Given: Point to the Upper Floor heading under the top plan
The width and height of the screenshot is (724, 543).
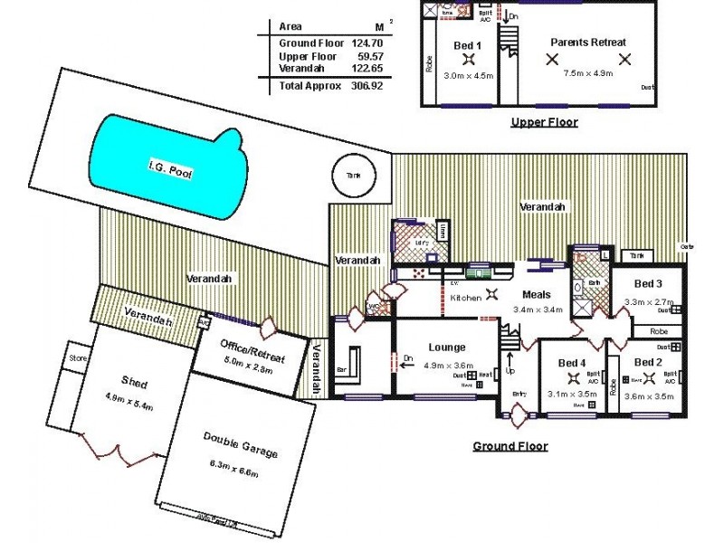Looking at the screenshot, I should (544, 122).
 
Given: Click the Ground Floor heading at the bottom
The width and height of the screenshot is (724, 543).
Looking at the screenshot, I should (510, 446).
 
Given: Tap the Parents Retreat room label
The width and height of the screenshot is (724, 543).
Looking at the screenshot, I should (588, 43).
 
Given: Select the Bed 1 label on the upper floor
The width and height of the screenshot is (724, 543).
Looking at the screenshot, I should (467, 45).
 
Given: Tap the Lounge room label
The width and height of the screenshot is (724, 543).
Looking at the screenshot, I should (447, 347).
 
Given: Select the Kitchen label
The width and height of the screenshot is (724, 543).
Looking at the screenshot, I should (466, 297).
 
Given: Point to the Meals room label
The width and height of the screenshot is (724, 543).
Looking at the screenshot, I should (538, 294).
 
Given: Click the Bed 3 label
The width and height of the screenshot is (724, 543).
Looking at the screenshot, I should (648, 283).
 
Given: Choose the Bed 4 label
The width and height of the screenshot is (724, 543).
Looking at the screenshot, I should (572, 363).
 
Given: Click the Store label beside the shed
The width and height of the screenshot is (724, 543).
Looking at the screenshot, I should (77, 358).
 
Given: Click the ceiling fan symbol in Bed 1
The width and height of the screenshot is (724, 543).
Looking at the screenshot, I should (468, 60).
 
